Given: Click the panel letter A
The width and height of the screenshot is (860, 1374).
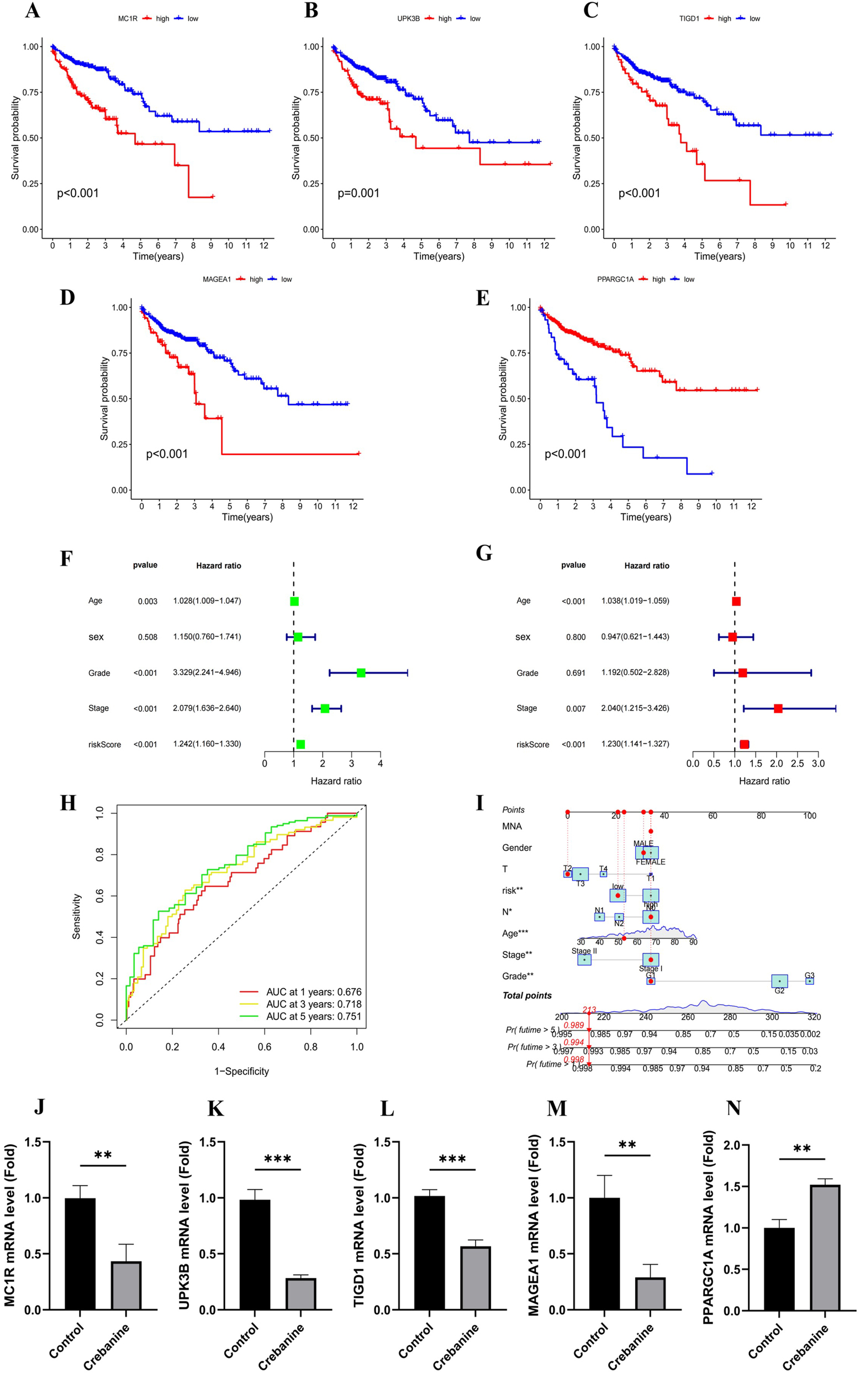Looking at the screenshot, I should [x=33, y=11].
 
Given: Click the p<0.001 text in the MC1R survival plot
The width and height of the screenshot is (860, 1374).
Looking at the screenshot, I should [x=78, y=193].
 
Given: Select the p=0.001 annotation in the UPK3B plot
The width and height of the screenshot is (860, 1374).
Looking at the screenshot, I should [x=358, y=193].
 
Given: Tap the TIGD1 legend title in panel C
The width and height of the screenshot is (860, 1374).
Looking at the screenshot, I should [x=689, y=19].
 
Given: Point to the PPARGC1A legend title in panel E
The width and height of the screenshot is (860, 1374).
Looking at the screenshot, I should [x=615, y=280].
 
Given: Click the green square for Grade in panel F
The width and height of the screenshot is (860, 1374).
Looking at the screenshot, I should [x=361, y=673].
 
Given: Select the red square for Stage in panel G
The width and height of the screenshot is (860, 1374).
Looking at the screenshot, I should [x=778, y=709].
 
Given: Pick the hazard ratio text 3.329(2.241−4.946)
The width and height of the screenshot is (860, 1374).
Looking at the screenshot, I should [x=207, y=673].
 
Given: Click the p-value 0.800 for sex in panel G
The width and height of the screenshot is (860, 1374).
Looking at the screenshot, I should [x=575, y=637].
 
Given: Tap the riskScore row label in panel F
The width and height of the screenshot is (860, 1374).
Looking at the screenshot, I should [x=104, y=744].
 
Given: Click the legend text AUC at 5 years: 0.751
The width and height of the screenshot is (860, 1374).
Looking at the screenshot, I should [x=313, y=1016].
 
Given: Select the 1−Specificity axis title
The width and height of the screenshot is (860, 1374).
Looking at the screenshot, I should [x=241, y=1071].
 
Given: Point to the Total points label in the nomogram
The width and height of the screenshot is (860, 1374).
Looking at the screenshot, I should [x=527, y=995].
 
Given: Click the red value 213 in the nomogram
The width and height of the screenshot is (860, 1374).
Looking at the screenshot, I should [x=589, y=1010].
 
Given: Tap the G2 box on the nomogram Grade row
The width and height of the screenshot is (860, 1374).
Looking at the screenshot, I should [x=779, y=981].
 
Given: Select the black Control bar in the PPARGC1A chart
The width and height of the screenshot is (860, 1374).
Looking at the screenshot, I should [x=779, y=1268].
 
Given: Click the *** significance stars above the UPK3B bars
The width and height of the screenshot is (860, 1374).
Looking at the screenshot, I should [x=278, y=1160].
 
